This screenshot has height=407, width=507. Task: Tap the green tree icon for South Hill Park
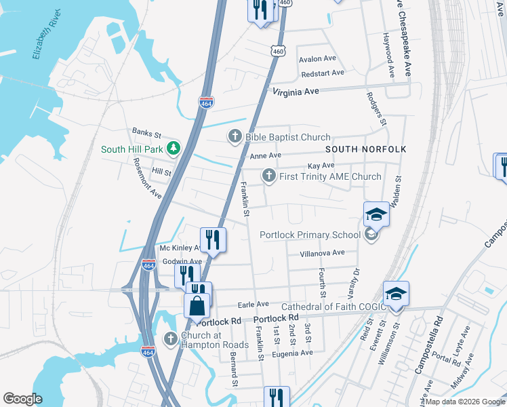click(174, 148)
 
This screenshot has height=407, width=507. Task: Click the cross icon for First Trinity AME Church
click(268, 176)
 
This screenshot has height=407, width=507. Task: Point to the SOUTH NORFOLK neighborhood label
click(365, 149)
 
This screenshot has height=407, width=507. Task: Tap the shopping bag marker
click(197, 305)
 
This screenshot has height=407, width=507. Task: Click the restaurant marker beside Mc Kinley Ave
click(213, 239)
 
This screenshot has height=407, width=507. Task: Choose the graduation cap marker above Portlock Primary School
click(376, 215)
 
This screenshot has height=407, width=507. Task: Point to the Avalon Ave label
click(318, 58)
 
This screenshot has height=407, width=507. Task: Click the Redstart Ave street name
click(322, 73)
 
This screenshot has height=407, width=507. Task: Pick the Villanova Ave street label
click(323, 253)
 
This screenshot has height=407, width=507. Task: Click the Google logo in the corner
click(23, 398)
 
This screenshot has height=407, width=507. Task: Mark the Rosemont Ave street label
click(147, 178)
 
